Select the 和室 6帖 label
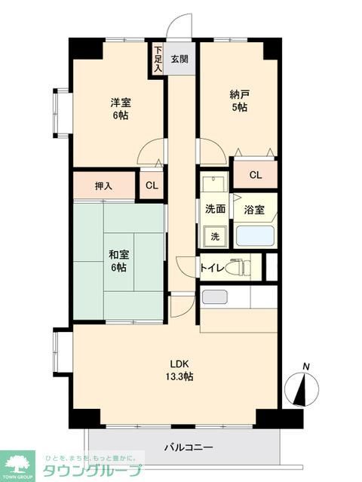tap(118, 261)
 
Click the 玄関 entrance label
tap(179, 58)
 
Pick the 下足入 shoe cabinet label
tap(158, 60)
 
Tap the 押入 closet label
tap(104, 186)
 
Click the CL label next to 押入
tap(152, 186)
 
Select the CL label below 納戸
tap(256, 175)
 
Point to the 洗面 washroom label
tap(215, 209)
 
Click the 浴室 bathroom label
tap(254, 210)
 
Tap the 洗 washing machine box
tap(214, 236)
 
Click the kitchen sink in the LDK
tap(215, 296)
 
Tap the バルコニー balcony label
tap(189, 447)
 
